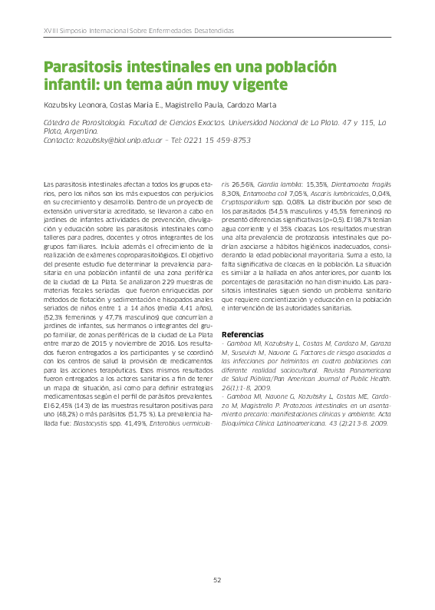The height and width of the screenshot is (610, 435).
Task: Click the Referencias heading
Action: click(x=242, y=335)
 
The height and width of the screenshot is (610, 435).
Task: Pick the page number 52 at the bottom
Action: click(x=217, y=580)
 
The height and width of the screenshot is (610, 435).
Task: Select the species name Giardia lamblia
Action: click(x=278, y=185)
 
